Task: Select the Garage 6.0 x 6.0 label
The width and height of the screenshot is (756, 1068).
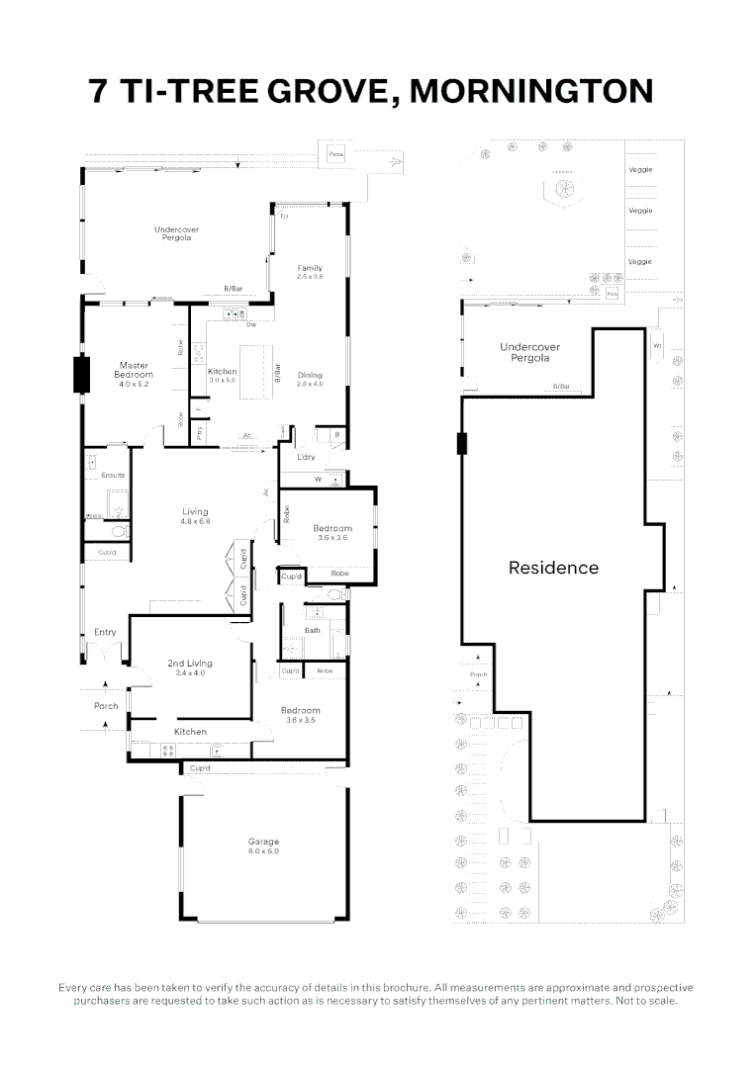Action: (x=263, y=845)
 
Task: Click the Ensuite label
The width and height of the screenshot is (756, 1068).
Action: (x=113, y=476)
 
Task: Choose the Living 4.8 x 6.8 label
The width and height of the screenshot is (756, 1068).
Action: (x=195, y=515)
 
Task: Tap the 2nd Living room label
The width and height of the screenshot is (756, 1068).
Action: (x=190, y=667)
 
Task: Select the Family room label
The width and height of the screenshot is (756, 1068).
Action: (x=311, y=272)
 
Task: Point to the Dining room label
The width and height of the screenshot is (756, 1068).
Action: (x=311, y=378)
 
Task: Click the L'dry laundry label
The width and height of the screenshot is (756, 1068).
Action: (x=307, y=458)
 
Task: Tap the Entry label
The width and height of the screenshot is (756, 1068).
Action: (x=105, y=632)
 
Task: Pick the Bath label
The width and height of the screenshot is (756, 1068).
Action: (x=313, y=630)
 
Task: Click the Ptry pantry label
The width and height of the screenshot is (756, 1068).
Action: (x=199, y=431)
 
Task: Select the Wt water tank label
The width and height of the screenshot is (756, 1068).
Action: (x=657, y=345)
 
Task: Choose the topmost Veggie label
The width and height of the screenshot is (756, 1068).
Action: (x=640, y=169)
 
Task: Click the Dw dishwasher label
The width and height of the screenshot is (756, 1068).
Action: (x=252, y=324)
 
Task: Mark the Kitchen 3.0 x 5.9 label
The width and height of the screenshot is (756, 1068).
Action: (x=223, y=375)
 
